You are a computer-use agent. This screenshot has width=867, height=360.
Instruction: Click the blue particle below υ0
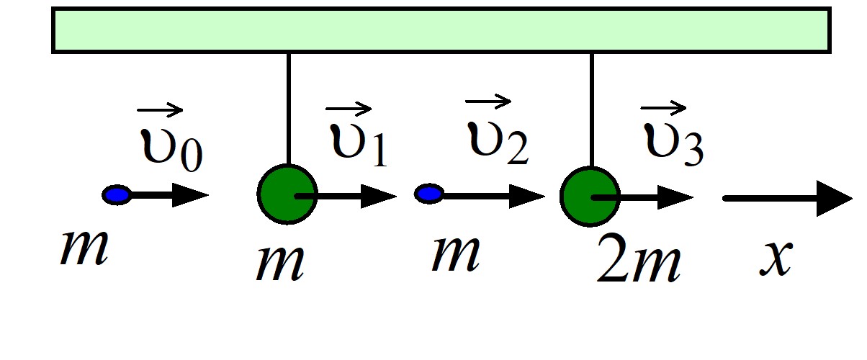click(116, 194)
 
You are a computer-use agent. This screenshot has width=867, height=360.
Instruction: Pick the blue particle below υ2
click(429, 194)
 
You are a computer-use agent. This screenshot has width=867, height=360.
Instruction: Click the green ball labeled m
click(287, 194)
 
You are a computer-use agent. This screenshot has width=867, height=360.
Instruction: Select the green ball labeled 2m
click(590, 197)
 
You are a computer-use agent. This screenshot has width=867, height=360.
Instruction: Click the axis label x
click(776, 258)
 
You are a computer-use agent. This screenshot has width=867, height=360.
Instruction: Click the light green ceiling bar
click(441, 30)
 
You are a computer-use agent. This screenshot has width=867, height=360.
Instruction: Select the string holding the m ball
click(289, 109)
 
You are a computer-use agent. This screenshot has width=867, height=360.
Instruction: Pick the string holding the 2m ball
click(592, 110)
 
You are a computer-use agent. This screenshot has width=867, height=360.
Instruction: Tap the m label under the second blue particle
click(456, 253)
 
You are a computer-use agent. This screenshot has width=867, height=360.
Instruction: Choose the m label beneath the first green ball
click(280, 264)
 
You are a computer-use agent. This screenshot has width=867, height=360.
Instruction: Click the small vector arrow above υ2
click(488, 102)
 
